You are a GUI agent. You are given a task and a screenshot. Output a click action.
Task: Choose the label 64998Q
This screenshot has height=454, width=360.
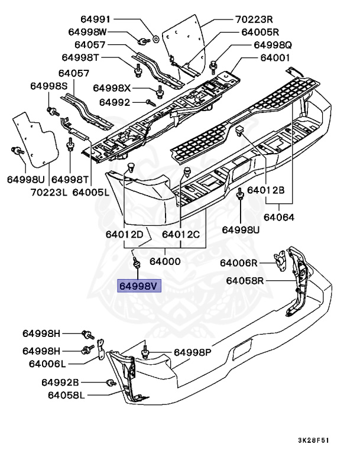(x=273, y=45)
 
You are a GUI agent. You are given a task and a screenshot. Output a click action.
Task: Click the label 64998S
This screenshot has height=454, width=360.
(x=50, y=86)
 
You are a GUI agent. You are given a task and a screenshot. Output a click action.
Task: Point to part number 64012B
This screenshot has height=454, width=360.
(x=266, y=190)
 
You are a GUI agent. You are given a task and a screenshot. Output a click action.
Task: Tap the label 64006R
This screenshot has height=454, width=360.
(x=239, y=262)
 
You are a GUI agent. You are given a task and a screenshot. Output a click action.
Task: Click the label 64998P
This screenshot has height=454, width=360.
(x=192, y=352)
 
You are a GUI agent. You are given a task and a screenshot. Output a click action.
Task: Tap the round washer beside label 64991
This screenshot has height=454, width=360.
(x=155, y=39)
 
